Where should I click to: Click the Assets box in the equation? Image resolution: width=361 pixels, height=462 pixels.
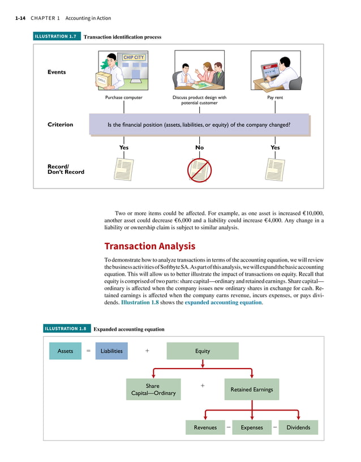tap(65, 351)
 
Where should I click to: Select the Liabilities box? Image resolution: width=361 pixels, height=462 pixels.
tap(111, 351)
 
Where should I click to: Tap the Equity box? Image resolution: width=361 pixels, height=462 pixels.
tap(202, 351)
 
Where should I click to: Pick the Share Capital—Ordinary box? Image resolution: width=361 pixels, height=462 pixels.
tap(153, 390)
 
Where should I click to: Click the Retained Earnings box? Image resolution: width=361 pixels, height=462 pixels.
tap(252, 390)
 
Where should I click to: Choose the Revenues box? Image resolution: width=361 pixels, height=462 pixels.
tap(205, 427)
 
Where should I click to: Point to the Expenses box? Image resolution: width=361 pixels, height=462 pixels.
tap(252, 427)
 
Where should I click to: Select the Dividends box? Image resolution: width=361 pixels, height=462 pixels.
tap(298, 427)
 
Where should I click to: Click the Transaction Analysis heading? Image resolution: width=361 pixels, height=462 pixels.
tap(150, 246)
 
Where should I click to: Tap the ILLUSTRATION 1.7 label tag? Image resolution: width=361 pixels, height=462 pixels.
tap(55, 37)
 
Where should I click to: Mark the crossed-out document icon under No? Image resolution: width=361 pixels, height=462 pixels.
tap(199, 169)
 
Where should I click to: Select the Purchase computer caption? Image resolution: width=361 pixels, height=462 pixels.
tap(124, 97)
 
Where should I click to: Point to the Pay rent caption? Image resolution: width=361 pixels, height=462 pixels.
tap(275, 97)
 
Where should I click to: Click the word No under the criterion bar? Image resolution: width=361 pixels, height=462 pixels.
tap(199, 147)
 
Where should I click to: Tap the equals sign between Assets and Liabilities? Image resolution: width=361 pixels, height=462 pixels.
tap(88, 351)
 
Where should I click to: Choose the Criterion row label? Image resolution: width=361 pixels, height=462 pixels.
tap(60, 125)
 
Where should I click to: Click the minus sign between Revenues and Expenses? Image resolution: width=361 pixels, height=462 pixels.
tap(228, 426)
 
